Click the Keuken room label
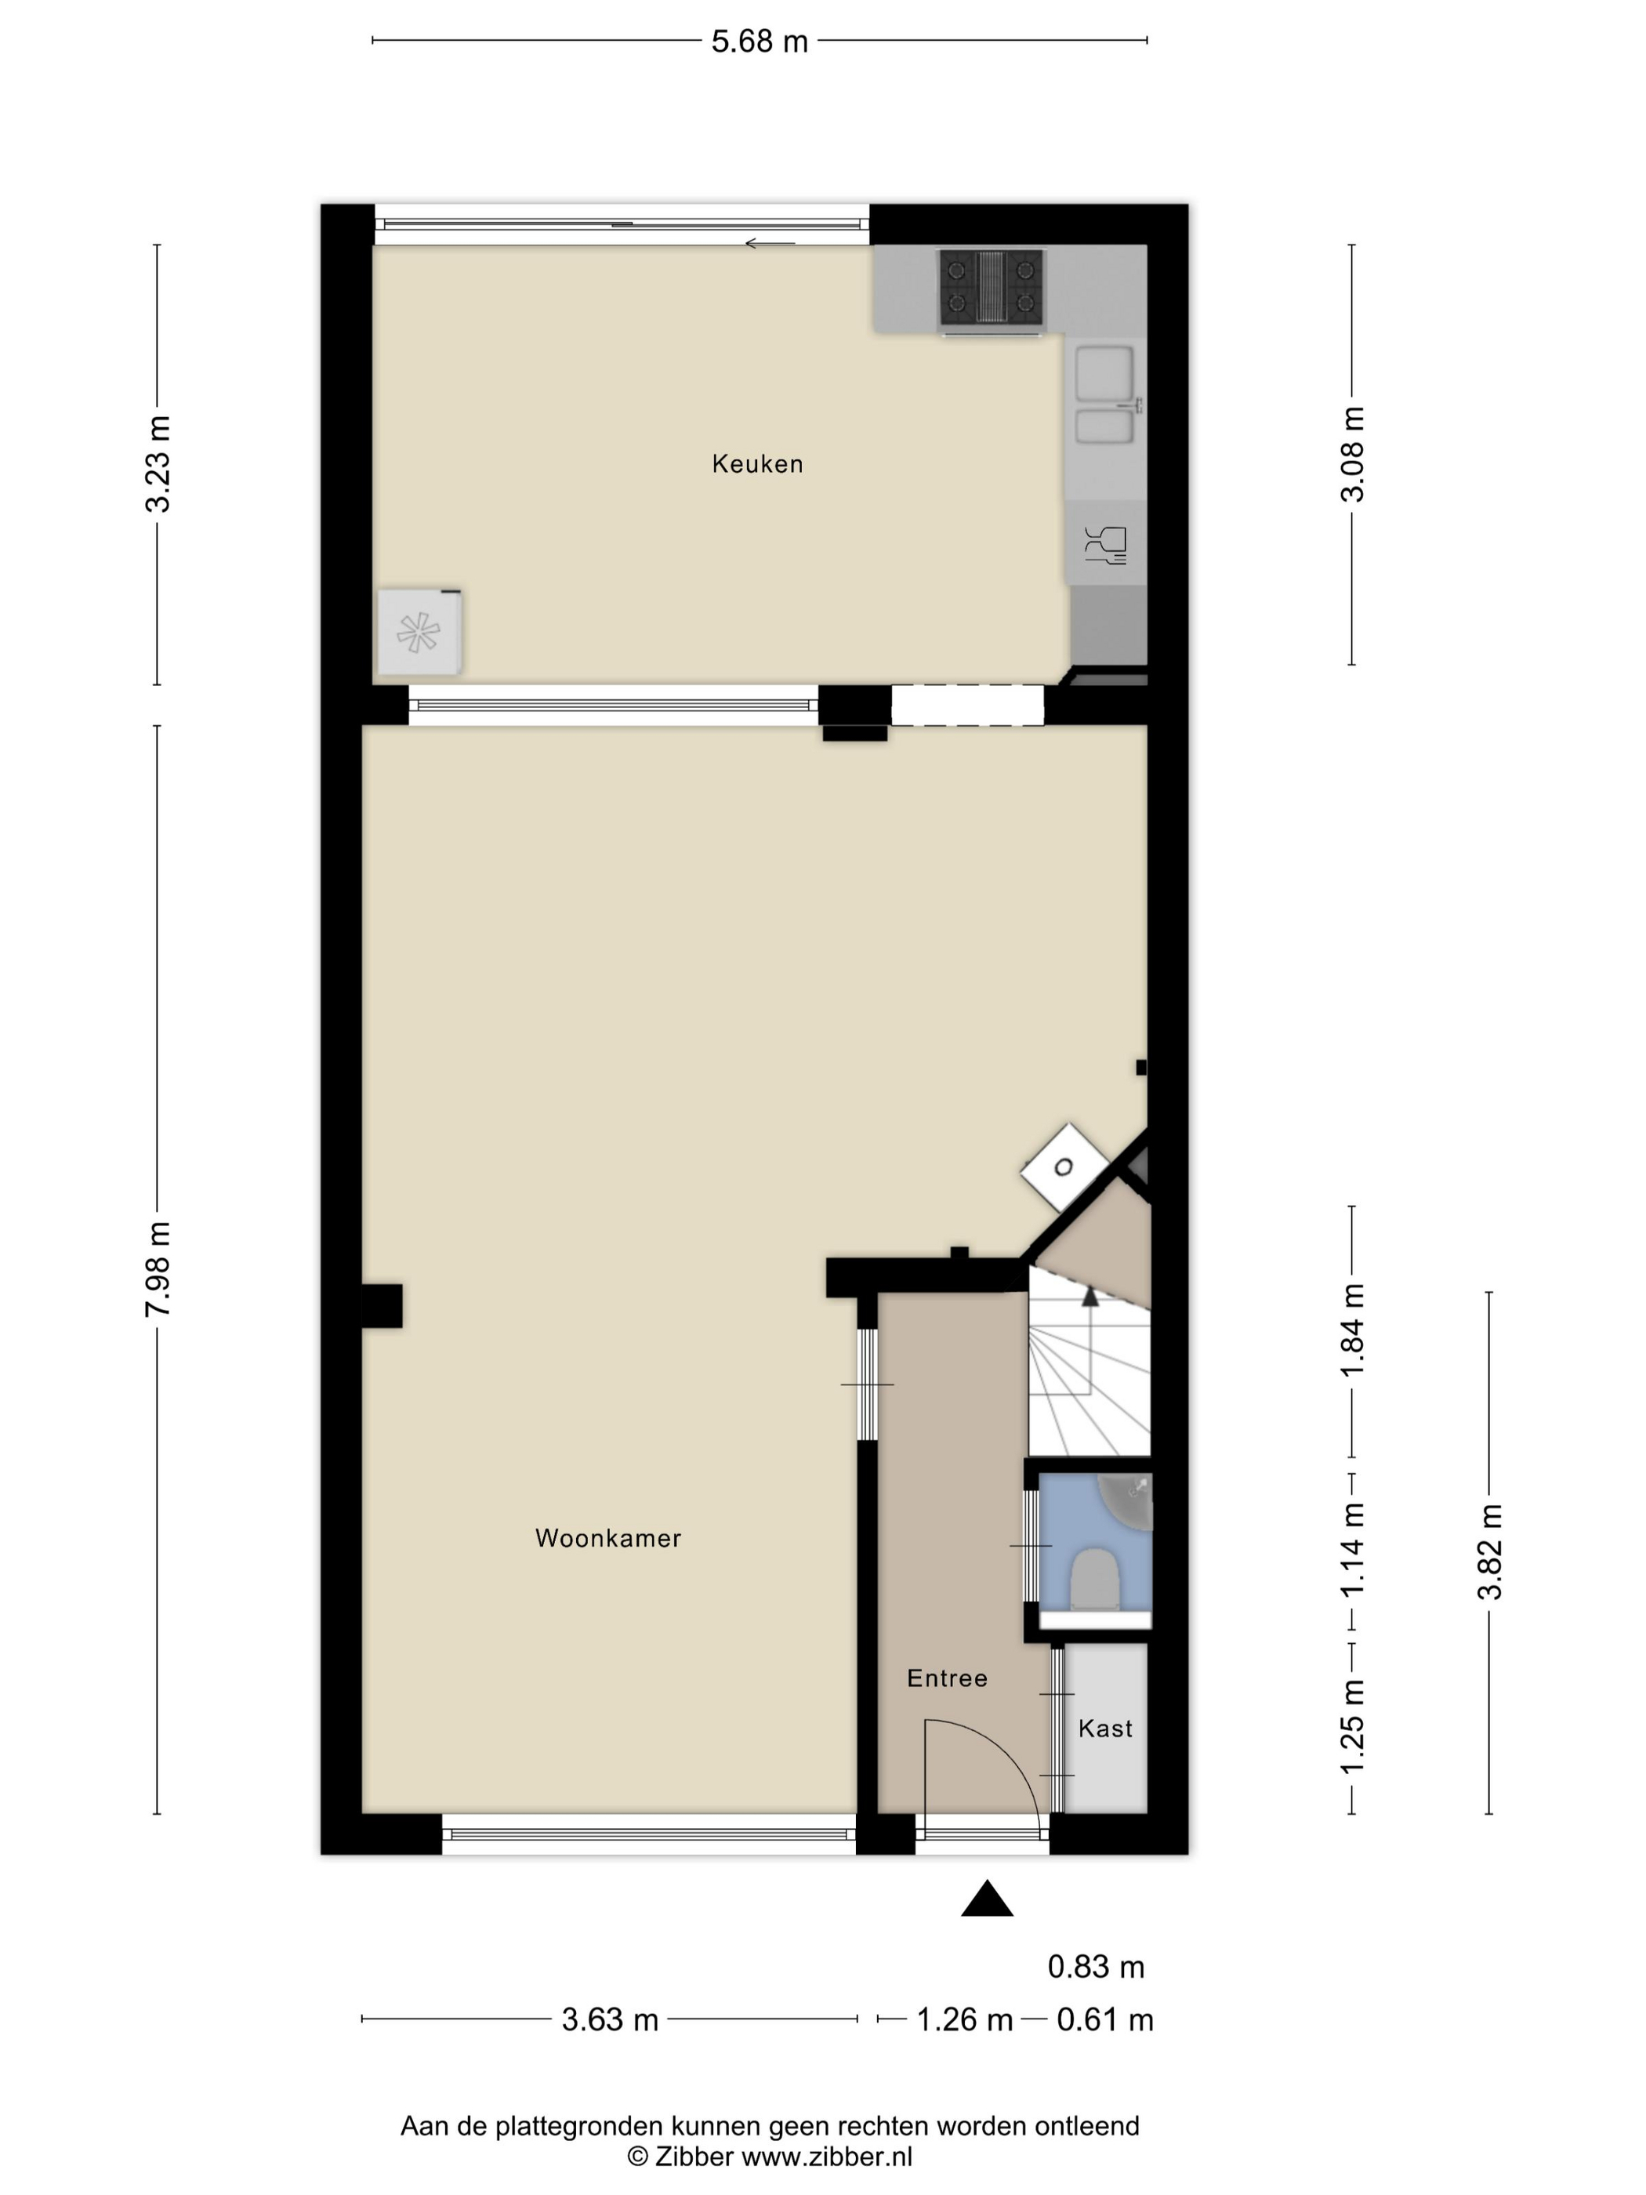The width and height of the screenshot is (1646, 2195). point(757,463)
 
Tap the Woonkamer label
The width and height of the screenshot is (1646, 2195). point(608,1538)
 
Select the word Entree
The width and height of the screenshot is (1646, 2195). point(948,1678)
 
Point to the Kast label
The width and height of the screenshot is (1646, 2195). point(1105,1729)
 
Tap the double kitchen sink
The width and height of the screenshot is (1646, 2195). point(1106,395)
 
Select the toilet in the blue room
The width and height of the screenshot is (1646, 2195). point(1095,1579)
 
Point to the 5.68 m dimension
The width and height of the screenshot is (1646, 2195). point(760,42)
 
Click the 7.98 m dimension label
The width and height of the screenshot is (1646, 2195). point(159,1269)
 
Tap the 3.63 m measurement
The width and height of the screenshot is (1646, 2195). point(610,2019)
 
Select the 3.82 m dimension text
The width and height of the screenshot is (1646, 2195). point(1490,1553)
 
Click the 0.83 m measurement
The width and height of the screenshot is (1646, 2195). point(1097,1967)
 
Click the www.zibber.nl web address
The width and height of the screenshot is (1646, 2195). point(828,2157)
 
